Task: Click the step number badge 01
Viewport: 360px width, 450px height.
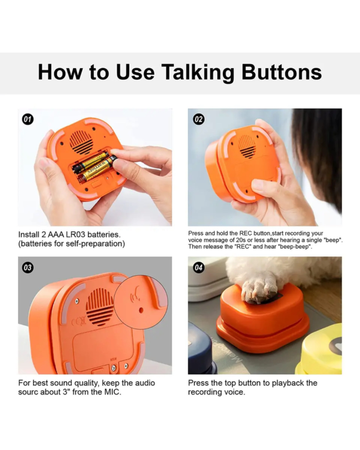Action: (x=28, y=119)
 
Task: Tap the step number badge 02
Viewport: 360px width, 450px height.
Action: (x=199, y=119)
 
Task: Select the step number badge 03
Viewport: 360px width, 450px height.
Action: (x=28, y=268)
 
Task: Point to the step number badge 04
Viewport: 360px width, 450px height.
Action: (x=199, y=268)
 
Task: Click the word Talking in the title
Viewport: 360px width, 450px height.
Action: (x=197, y=73)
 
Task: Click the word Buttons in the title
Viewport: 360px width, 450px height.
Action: (x=282, y=72)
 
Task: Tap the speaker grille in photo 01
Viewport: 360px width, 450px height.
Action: (x=81, y=143)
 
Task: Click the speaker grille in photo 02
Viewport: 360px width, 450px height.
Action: (x=246, y=146)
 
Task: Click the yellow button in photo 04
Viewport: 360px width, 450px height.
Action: (x=319, y=353)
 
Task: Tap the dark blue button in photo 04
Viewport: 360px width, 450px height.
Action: (x=200, y=356)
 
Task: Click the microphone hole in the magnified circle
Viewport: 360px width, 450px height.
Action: (x=141, y=310)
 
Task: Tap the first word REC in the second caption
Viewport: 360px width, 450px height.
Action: (x=245, y=233)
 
